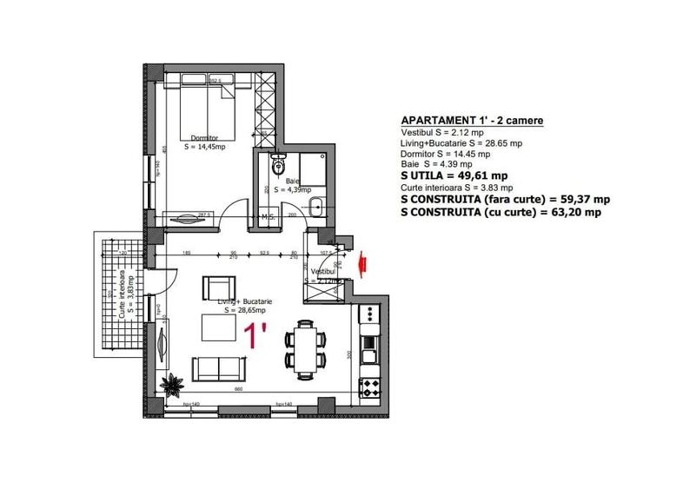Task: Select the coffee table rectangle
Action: tap(221, 327)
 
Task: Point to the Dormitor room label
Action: tap(204, 137)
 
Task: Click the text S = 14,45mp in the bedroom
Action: tap(206, 148)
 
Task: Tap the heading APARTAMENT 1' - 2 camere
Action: tap(474, 121)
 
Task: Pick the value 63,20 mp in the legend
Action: tap(568, 211)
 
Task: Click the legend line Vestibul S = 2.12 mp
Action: tap(450, 132)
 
